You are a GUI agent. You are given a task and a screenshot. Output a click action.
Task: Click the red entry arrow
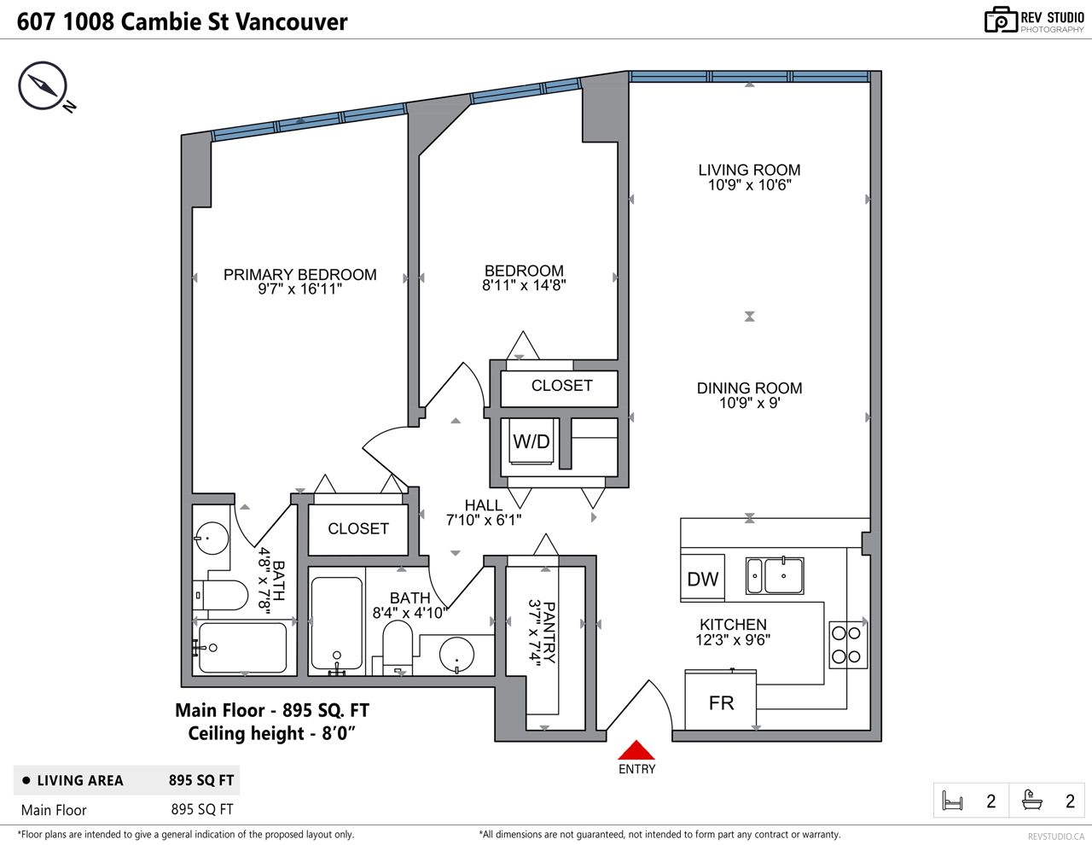click(x=636, y=749)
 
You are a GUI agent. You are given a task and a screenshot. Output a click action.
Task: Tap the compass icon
click(x=43, y=85)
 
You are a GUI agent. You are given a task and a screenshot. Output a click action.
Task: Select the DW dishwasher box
click(x=702, y=578)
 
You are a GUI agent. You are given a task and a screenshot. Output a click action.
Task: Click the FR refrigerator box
click(x=721, y=700)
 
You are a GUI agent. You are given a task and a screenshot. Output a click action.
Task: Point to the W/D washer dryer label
click(x=531, y=441)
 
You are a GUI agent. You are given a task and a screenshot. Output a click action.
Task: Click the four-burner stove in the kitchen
click(x=848, y=645)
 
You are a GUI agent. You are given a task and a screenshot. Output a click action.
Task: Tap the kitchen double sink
click(x=775, y=575)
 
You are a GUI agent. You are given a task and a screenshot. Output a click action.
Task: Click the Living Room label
click(x=749, y=170)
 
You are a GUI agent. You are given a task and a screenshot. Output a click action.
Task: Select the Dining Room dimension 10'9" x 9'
click(x=749, y=403)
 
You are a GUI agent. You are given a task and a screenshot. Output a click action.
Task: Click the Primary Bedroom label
click(x=300, y=275)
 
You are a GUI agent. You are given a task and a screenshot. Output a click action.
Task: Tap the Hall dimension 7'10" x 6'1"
click(x=484, y=520)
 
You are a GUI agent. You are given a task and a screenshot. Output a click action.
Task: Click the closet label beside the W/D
click(x=562, y=386)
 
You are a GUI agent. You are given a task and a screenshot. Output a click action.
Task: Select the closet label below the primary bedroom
click(x=358, y=528)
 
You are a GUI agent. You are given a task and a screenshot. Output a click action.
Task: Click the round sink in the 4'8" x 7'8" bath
click(x=212, y=538)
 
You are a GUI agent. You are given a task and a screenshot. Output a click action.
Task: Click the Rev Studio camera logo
click(x=1001, y=20)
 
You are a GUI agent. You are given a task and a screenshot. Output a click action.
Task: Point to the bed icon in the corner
click(x=952, y=801)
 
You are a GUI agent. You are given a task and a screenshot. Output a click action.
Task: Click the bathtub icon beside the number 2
click(x=1032, y=800)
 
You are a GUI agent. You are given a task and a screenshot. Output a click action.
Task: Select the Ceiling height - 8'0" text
click(x=271, y=733)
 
